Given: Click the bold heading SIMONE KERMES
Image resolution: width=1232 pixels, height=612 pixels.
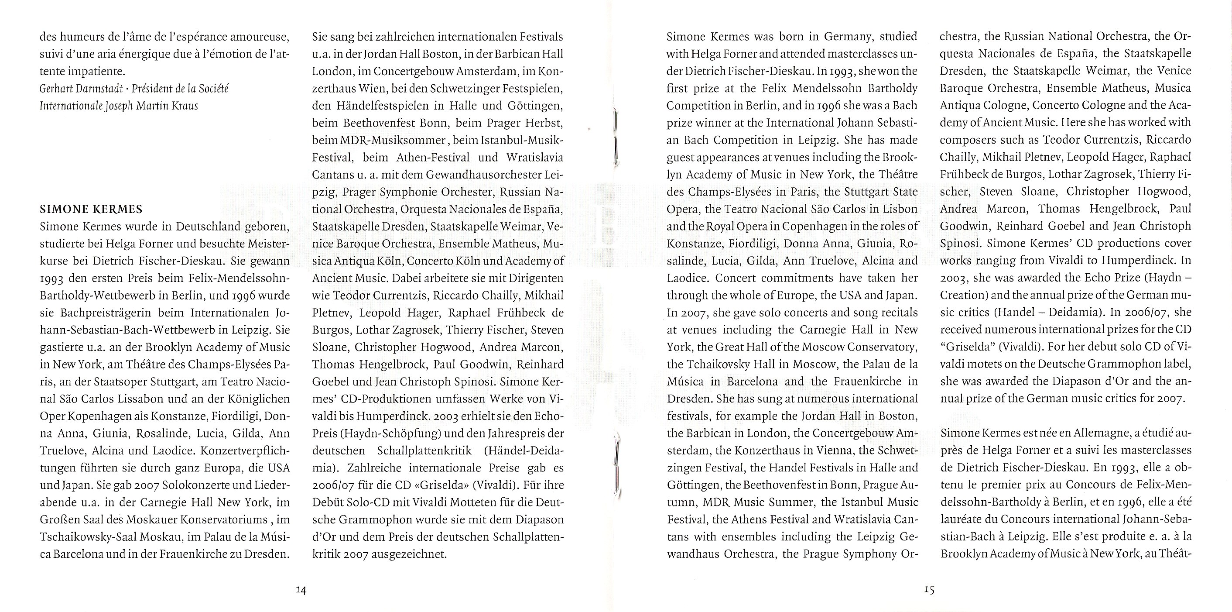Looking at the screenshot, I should (91, 209).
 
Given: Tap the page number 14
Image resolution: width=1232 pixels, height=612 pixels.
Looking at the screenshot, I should (301, 589).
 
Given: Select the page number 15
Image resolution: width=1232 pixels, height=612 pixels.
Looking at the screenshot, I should (929, 589).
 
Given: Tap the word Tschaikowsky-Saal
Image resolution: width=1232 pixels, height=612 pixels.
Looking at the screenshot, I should (90, 536).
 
